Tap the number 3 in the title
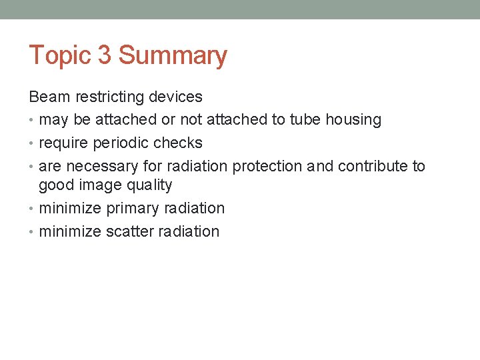point(105,55)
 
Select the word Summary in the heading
point(173,55)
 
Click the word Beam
point(49,97)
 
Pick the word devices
point(175,97)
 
